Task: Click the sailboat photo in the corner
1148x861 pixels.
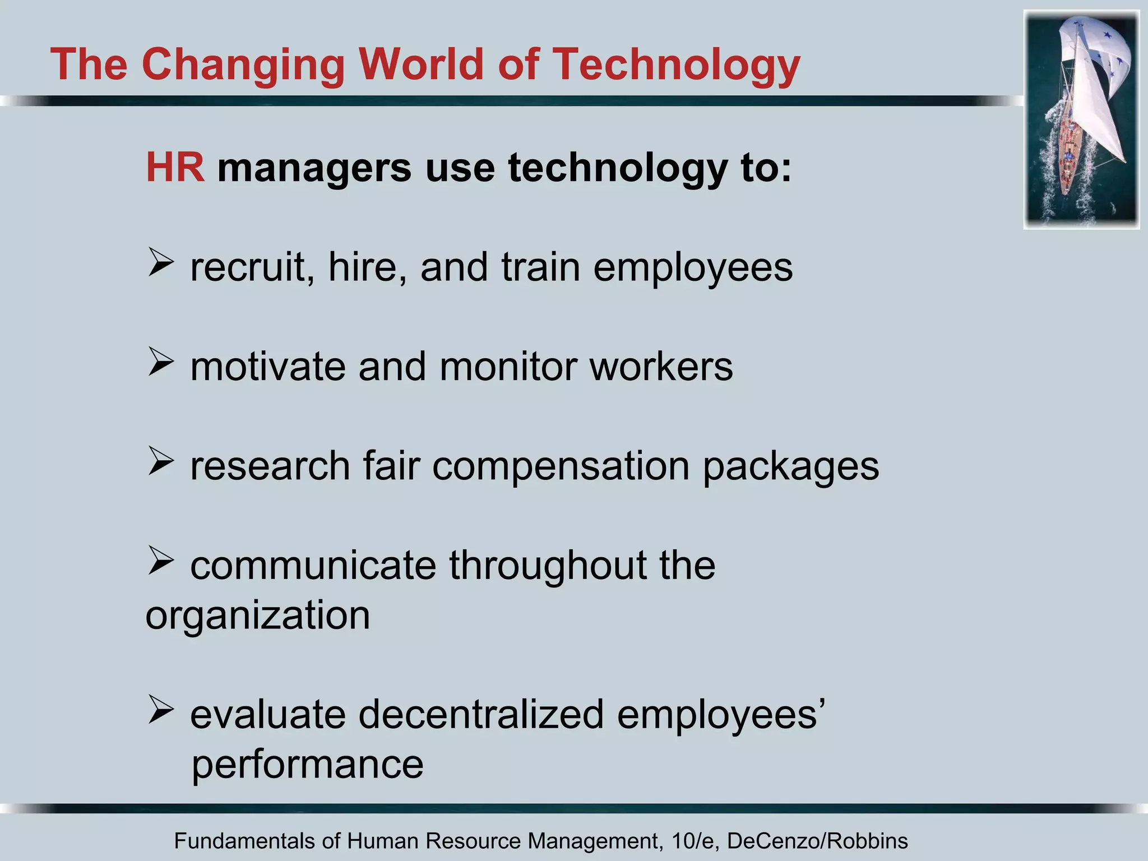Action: point(1081,119)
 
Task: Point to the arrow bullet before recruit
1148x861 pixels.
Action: point(161,263)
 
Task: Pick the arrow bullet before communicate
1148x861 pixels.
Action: point(161,561)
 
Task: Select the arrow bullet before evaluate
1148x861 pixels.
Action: point(161,710)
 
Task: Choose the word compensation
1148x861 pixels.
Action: point(561,467)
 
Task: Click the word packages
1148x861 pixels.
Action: point(791,468)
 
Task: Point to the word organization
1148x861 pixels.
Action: point(258,616)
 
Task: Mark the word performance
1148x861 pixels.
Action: point(308,765)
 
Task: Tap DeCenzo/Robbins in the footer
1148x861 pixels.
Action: point(817,841)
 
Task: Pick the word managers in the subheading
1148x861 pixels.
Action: point(314,168)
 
